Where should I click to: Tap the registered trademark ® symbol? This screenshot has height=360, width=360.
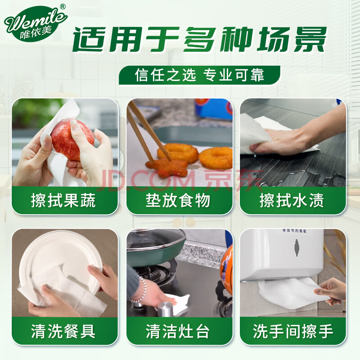click(63, 7)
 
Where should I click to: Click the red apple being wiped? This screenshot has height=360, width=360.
click(72, 140)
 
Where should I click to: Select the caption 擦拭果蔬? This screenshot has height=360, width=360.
click(63, 200)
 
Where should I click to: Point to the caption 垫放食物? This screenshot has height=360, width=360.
click(178, 200)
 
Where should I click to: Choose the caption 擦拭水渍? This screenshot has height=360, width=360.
click(292, 200)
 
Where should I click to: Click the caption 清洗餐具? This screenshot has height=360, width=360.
click(63, 331)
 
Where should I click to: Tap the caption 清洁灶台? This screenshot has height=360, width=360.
click(178, 331)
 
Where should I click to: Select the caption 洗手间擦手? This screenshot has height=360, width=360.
click(293, 331)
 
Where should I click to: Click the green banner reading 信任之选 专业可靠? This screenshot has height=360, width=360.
click(199, 75)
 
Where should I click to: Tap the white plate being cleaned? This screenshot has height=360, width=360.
click(60, 260)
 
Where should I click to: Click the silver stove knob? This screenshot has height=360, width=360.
click(166, 309)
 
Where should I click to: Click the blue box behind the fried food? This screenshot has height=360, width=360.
click(213, 109)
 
